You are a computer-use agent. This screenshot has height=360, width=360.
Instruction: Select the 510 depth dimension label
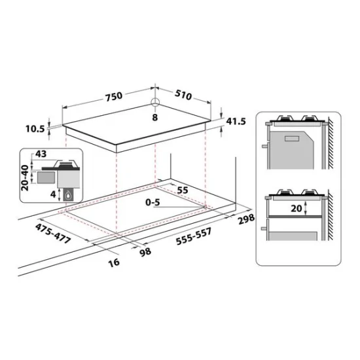click(x=183, y=96)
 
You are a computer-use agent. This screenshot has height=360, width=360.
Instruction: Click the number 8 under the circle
click(x=154, y=117)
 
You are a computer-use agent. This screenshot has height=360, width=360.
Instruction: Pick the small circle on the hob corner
click(x=155, y=103)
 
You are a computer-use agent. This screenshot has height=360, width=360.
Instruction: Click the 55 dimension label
click(x=183, y=189)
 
